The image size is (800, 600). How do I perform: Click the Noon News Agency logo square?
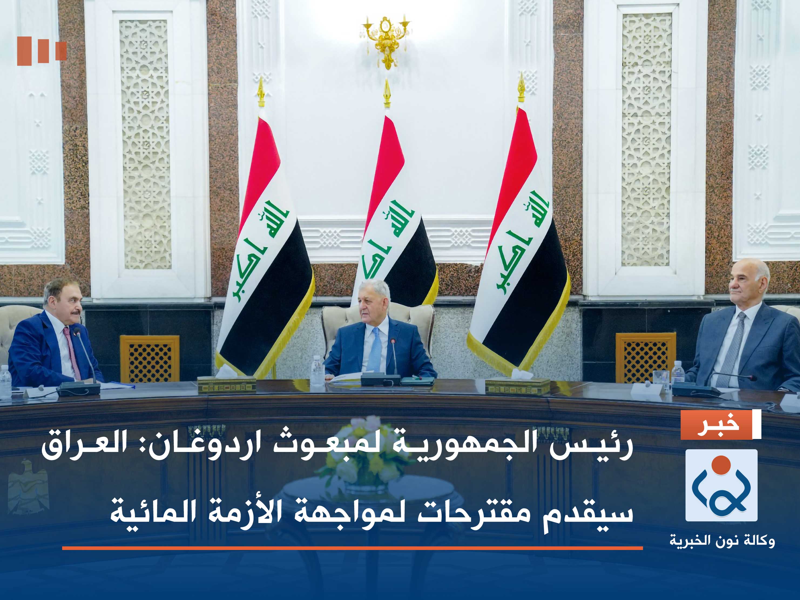tap(721, 485)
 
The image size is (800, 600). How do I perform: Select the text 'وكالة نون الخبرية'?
tap(722, 541)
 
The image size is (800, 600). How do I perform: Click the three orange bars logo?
tap(42, 51)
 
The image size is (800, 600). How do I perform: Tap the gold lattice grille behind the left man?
tap(150, 358)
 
